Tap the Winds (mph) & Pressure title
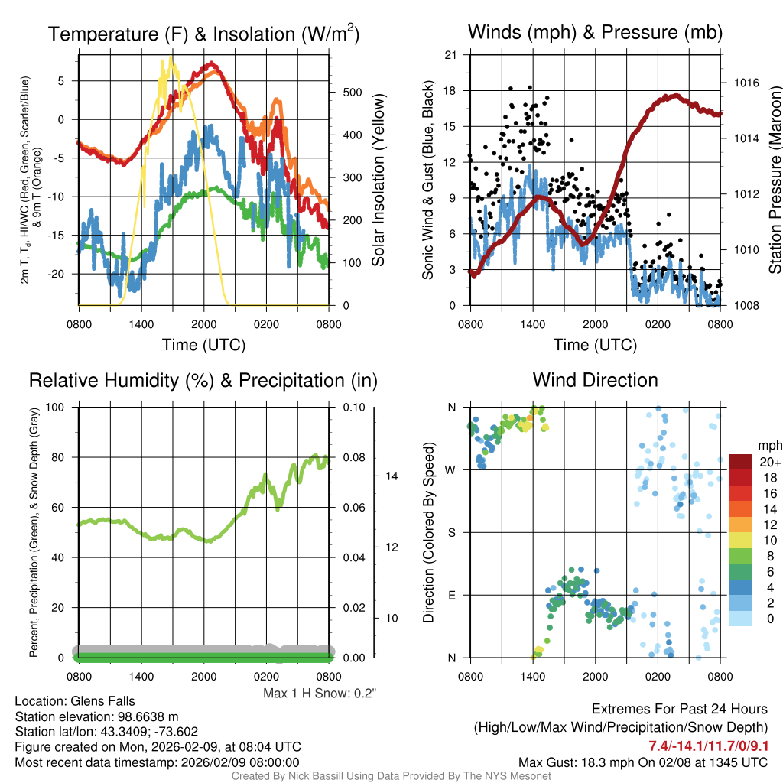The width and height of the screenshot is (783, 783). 595,33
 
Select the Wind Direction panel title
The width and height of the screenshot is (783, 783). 595,380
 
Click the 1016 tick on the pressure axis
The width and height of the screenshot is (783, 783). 744,83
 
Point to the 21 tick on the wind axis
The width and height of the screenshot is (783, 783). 450,54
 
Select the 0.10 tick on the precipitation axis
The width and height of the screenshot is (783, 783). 353,407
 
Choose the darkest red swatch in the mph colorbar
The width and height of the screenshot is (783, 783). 740,462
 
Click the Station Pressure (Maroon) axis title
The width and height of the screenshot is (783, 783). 774,180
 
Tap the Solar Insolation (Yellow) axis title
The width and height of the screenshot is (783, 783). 378,180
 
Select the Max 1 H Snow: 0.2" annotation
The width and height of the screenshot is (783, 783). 320,694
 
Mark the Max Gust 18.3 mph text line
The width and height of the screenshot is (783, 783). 642,762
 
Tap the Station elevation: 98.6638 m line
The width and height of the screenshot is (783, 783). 96,716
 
